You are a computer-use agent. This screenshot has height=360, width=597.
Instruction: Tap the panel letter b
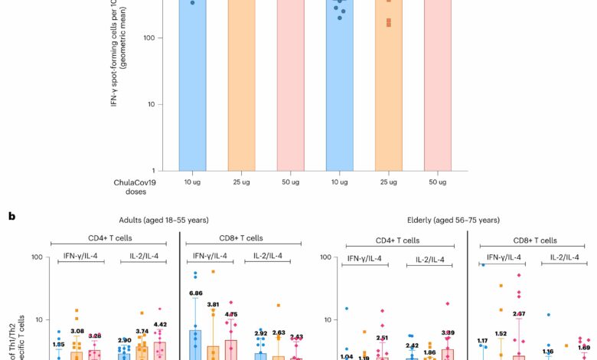tap(12, 217)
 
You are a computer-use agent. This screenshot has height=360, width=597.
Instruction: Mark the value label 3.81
tap(213, 304)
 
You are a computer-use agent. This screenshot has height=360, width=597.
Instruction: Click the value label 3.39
tap(448, 333)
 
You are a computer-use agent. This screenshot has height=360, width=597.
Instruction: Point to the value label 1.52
tap(501, 333)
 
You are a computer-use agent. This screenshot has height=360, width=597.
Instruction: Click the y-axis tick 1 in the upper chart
tap(155, 170)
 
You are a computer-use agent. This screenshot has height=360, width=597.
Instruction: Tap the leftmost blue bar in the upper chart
tap(193, 84)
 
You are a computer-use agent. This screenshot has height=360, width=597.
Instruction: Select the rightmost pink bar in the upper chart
tap(438, 84)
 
